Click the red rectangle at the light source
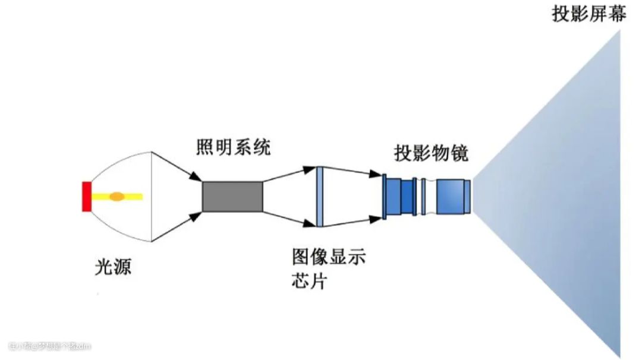pos(86,196)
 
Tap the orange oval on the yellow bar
pos(117,196)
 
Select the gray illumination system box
pos(232,196)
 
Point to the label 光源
pos(113,267)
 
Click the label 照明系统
pos(233,147)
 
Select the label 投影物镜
pos(431,153)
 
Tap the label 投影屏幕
pos(588,14)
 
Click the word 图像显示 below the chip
pos(329,258)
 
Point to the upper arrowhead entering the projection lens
pos(375,174)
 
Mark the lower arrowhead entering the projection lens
pos(375,219)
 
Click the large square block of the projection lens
pos(450,196)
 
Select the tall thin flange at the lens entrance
pos(385,196)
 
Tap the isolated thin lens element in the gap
pos(423,196)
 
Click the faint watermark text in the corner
pos(50,346)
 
